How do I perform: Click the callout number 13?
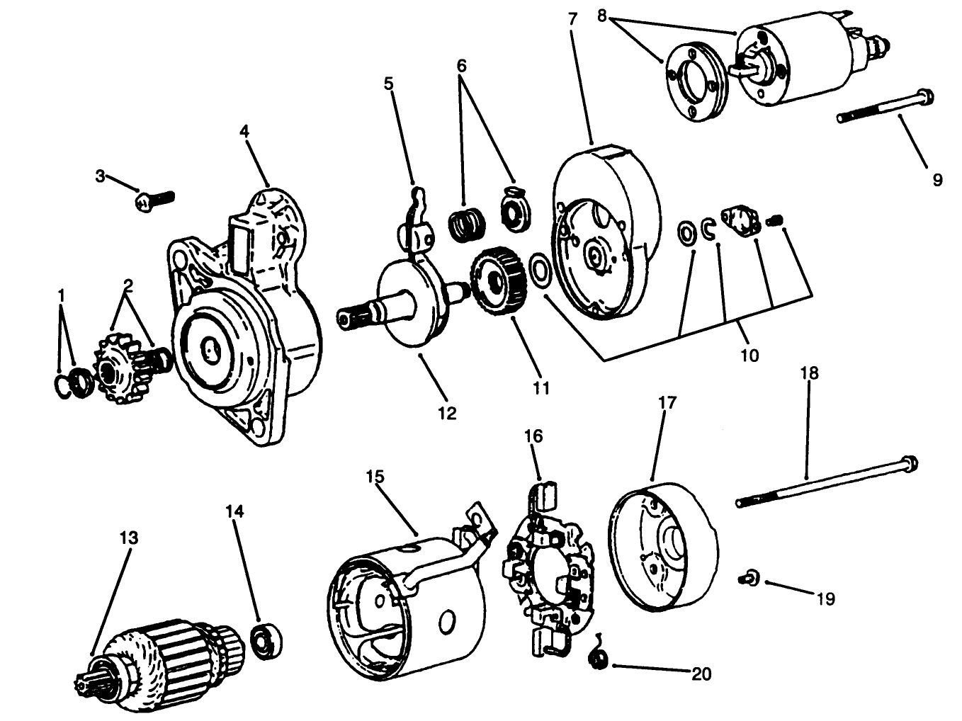pyautogui.click(x=128, y=538)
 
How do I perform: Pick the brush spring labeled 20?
pyautogui.click(x=599, y=659)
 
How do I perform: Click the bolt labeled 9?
pyautogui.click(x=885, y=107)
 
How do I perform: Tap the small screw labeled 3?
pyautogui.click(x=154, y=198)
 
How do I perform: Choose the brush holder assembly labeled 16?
pyautogui.click(x=549, y=567)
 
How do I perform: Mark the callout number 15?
pyautogui.click(x=375, y=476)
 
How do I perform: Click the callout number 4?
pyautogui.click(x=244, y=131)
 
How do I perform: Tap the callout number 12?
pyautogui.click(x=447, y=413)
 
